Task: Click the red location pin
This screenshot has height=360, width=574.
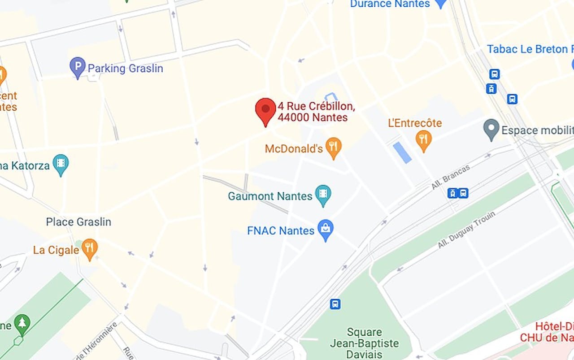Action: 265,110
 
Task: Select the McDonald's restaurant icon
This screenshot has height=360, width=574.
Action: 333,147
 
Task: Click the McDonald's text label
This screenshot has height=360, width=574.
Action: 294,149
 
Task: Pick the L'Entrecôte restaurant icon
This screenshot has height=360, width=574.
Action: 424,140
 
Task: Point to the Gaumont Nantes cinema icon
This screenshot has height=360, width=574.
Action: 323,195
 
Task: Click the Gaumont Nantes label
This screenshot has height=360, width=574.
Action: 270,196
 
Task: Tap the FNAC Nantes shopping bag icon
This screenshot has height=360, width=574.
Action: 326,230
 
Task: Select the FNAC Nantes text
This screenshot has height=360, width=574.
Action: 281,231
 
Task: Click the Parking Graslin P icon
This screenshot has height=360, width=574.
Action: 77,67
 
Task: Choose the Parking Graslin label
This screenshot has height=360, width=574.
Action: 125,69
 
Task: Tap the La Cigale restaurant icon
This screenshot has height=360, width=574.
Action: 90,249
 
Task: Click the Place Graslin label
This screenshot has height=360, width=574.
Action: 78,222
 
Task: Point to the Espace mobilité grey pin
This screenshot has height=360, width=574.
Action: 491,129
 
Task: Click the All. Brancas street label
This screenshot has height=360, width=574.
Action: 451,177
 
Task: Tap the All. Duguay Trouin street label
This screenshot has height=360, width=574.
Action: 466,230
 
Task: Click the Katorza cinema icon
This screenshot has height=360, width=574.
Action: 61,164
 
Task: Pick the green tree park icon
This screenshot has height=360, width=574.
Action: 22,323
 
